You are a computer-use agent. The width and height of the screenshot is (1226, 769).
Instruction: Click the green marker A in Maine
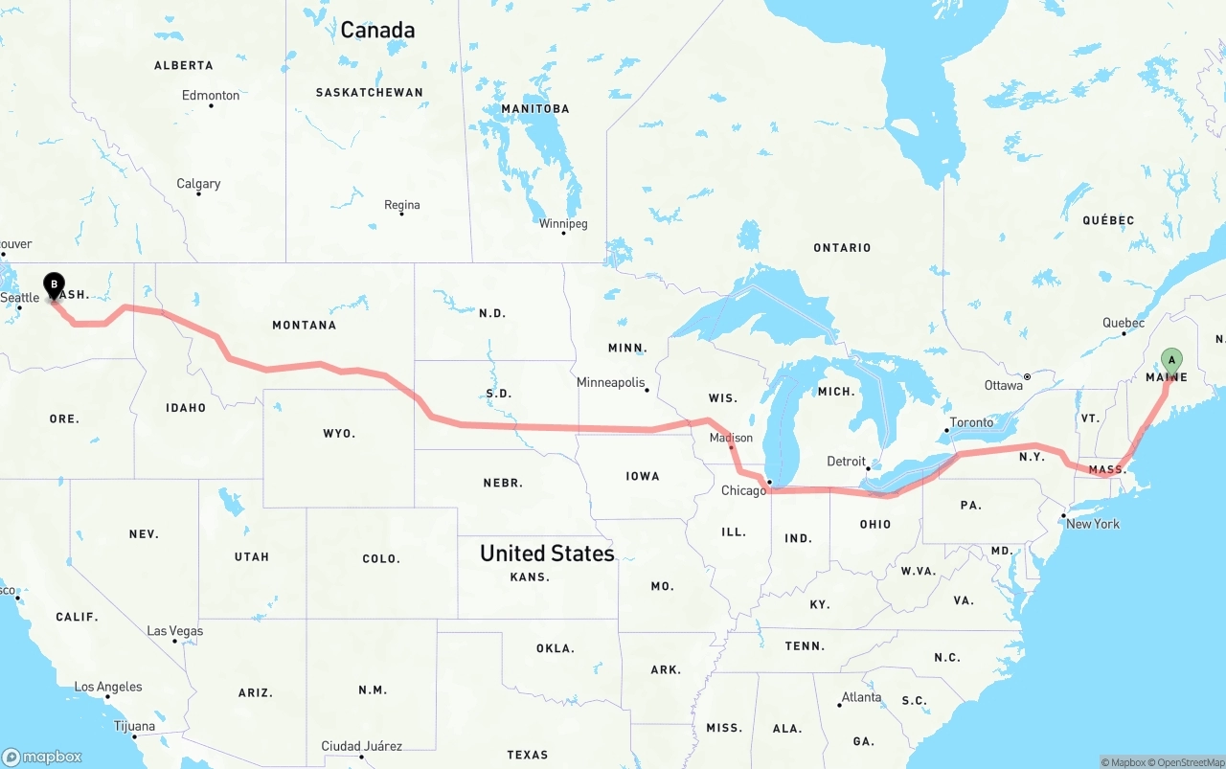click(x=1170, y=360)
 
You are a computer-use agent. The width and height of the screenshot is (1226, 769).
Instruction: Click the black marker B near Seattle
click(x=55, y=283)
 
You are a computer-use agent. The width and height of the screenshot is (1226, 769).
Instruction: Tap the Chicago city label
click(x=743, y=490)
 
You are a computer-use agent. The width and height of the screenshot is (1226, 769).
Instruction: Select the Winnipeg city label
click(x=562, y=223)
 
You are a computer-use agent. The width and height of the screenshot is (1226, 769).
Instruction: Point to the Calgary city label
click(x=198, y=183)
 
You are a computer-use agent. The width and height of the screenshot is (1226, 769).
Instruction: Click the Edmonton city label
click(x=211, y=95)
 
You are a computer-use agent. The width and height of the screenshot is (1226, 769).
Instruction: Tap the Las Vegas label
click(x=174, y=631)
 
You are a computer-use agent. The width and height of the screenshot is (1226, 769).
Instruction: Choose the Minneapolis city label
click(x=610, y=382)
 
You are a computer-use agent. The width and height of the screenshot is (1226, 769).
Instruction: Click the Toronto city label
click(x=971, y=422)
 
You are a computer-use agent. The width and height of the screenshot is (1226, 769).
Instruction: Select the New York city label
click(x=1092, y=524)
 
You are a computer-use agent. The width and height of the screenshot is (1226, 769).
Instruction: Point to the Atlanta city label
click(x=861, y=696)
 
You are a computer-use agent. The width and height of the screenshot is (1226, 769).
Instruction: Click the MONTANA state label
click(x=304, y=325)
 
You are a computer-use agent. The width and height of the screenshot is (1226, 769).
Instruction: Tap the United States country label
click(x=547, y=553)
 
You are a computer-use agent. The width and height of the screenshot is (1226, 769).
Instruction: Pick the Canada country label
click(x=377, y=30)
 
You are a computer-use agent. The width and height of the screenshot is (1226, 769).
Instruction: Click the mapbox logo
click(x=42, y=757)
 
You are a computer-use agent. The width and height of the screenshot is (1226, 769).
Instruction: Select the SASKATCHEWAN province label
click(x=369, y=92)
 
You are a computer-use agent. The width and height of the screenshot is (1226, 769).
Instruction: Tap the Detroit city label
click(x=846, y=461)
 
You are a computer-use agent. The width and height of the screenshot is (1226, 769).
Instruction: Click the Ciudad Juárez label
click(x=361, y=746)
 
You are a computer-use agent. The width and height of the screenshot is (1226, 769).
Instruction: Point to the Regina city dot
click(x=401, y=214)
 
